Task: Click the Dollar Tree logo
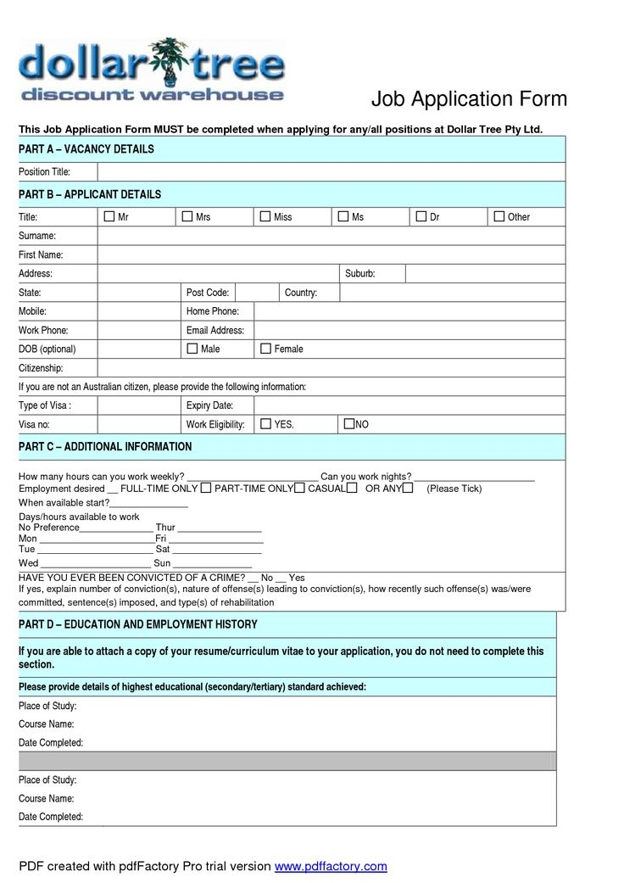pos(152,69)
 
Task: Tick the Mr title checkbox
pos(109,217)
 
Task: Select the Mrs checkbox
pos(187,217)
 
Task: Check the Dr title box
pos(421,217)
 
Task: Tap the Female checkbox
pos(265,349)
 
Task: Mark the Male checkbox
pos(192,349)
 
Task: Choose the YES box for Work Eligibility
pos(265,423)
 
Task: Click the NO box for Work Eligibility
pos(349,423)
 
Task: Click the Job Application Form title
pos(469,100)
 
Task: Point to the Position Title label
pos(44,172)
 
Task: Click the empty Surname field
pos(331,236)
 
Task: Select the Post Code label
pos(207,293)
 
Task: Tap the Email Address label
pos(215,330)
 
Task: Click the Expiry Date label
pos(209,405)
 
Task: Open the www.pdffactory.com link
pos(331,866)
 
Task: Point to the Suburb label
pos(359,274)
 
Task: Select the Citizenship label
pos(41,368)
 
